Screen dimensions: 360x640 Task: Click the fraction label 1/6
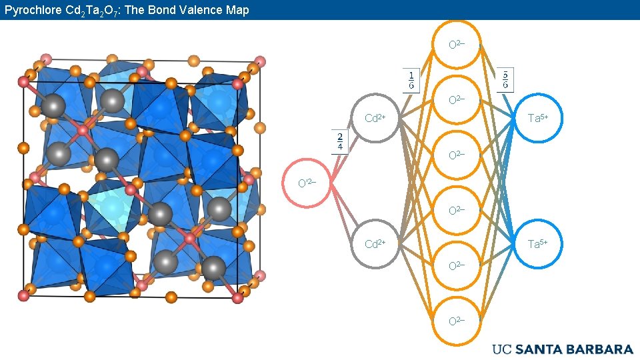(411, 79)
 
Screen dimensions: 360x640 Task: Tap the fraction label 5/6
(505, 79)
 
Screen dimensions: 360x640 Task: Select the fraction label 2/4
(340, 141)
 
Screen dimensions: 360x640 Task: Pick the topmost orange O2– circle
(457, 45)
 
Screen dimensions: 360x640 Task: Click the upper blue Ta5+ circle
(537, 119)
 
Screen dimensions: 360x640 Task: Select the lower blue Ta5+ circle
(537, 244)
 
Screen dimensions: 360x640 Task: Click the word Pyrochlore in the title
(31, 10)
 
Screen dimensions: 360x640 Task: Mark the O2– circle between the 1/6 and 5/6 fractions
(457, 100)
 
